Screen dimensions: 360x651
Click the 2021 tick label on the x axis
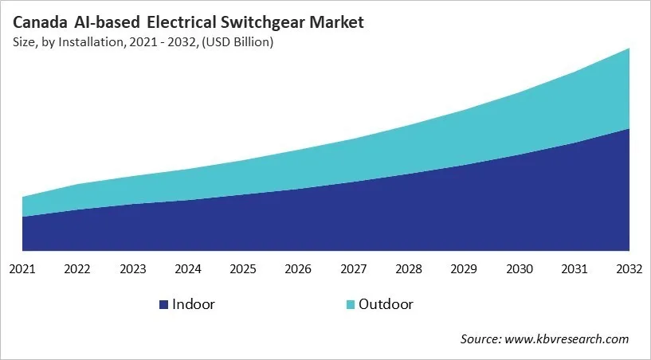coord(22,270)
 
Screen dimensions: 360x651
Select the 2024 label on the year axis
coord(188,270)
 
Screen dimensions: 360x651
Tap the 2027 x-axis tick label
coord(354,270)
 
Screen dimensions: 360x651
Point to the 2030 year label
coord(520,270)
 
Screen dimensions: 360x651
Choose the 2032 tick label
coord(629,270)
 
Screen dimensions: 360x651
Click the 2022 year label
coord(77,270)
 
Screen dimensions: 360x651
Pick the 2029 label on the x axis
coord(464,270)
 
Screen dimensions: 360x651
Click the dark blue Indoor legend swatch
coord(164,305)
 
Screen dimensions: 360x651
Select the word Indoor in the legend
coord(194,304)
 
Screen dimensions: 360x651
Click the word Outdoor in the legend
coord(386,304)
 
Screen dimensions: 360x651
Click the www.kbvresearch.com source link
coord(569,339)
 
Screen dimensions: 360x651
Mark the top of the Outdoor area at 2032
coord(629,49)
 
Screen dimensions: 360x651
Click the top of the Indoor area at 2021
coord(23,216)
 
